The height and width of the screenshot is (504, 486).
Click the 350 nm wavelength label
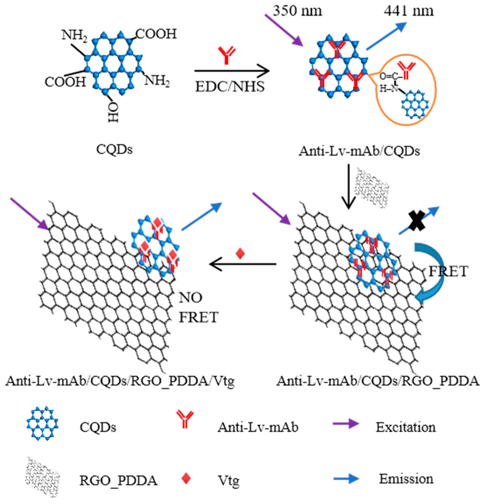[x=297, y=11]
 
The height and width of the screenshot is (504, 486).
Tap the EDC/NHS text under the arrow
[x=230, y=87]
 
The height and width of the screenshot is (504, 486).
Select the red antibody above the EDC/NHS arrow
[x=226, y=55]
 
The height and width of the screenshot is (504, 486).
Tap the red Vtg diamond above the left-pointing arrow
[x=240, y=253]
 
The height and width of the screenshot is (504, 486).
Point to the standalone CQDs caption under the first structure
[x=114, y=149]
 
